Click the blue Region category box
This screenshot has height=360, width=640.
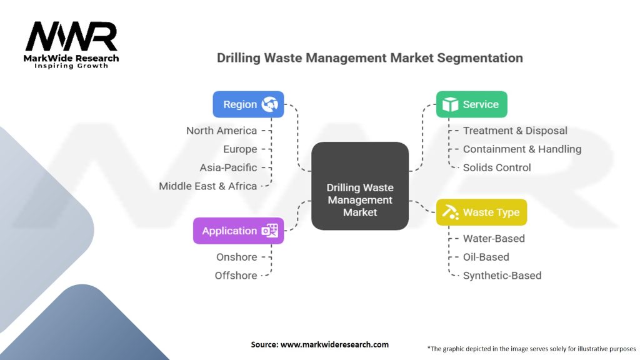(248, 104)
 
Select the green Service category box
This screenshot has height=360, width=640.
(471, 104)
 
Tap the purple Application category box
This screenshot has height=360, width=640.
(238, 231)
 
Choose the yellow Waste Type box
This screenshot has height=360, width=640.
(481, 212)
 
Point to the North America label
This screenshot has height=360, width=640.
(221, 131)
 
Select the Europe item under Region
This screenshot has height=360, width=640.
(240, 149)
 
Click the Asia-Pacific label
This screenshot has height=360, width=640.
(228, 167)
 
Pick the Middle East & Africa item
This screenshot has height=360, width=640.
(207, 186)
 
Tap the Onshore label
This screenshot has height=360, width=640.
(236, 257)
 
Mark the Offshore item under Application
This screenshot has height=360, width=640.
(236, 275)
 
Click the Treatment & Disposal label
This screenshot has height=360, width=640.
(515, 131)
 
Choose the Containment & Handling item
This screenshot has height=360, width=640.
(522, 149)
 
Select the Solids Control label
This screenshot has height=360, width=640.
(497, 167)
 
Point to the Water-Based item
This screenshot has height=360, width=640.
(494, 238)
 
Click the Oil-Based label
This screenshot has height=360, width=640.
(486, 257)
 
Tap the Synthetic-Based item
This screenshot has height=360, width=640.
(502, 275)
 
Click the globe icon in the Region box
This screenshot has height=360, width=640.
(270, 104)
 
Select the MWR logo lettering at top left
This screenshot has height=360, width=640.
(71, 37)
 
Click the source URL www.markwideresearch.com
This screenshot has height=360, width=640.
(335, 344)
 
